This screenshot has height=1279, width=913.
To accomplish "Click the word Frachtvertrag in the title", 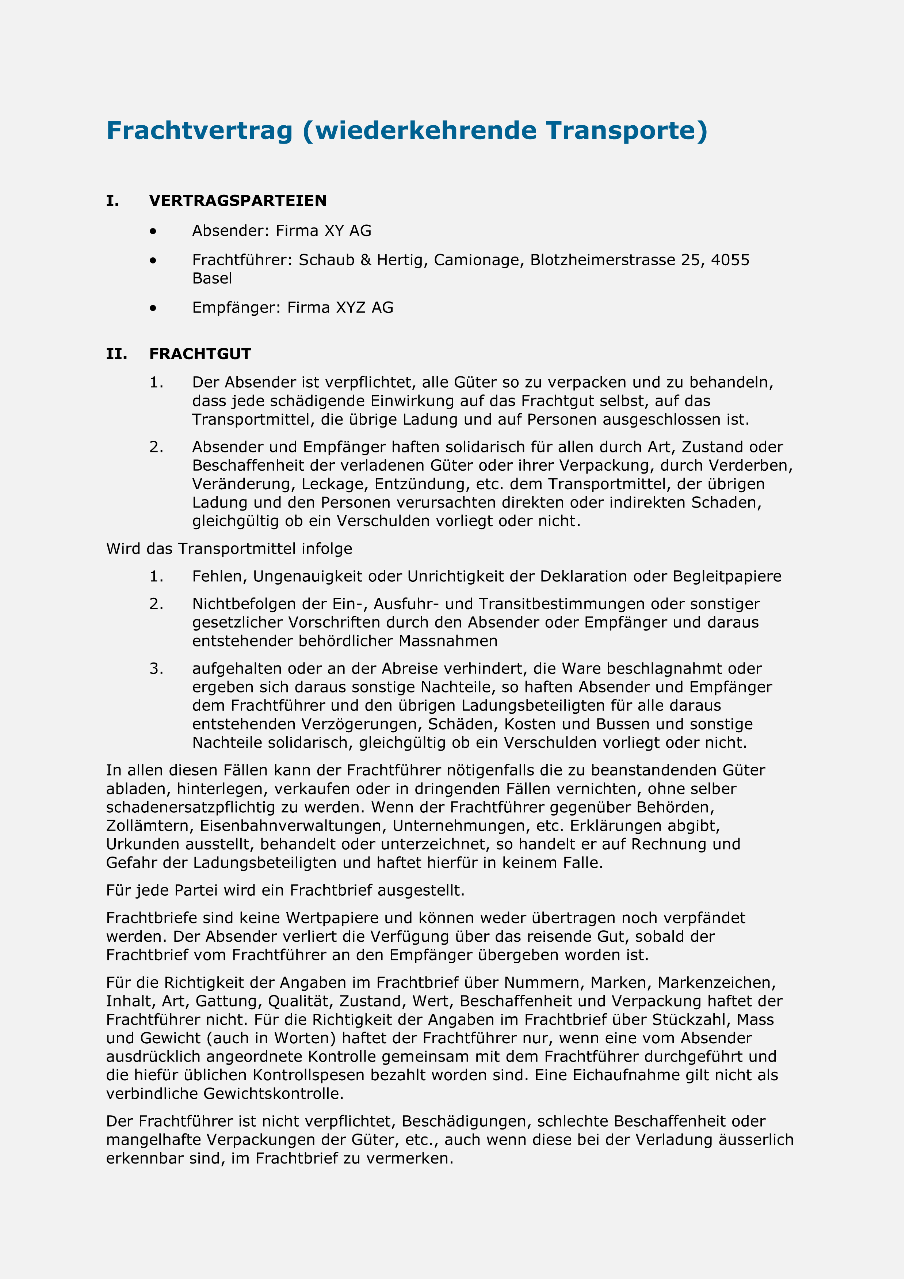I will [199, 131].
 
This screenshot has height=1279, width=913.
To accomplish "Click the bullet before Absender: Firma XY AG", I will [153, 231].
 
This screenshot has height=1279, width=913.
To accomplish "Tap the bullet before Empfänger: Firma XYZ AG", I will [153, 308].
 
